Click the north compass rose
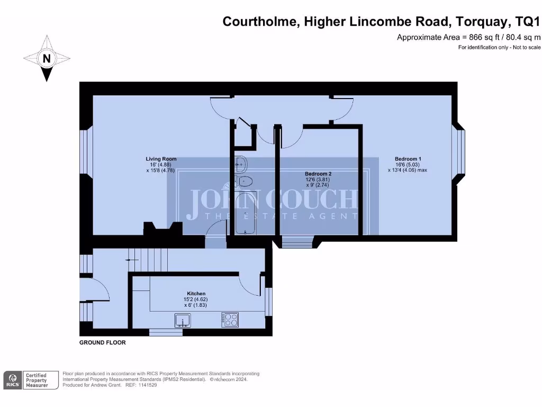pos(47,58)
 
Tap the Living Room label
pos(161,158)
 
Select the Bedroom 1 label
pos(408,158)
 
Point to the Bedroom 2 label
pos(318,173)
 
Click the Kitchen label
pos(196,294)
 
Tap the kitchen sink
pos(183,320)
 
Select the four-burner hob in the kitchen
pos(231,320)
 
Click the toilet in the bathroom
pos(243,182)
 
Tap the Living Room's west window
pos(86,152)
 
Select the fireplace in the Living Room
pos(163,228)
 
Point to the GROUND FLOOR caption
pos(103,343)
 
